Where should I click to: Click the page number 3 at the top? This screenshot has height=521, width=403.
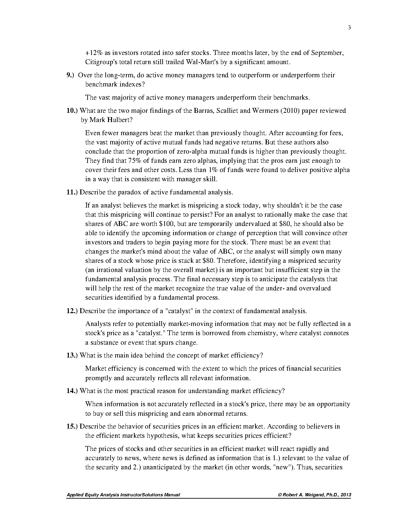[349, 28]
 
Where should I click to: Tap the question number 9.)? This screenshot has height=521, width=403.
[71, 75]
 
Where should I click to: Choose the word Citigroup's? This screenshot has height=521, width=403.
[101, 62]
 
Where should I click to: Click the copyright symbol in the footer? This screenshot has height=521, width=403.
[280, 495]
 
